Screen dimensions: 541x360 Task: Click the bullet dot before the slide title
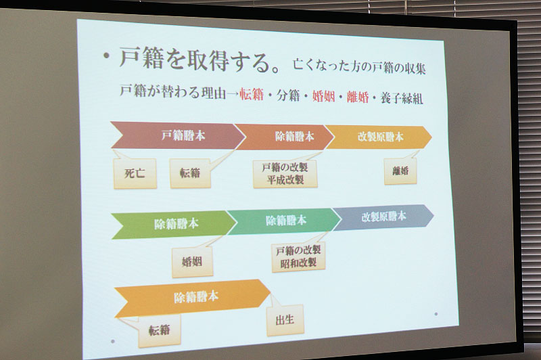pos(108,56)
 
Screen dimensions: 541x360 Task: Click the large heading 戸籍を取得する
pos(193,60)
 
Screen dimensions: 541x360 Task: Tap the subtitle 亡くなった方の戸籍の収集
pos(359,66)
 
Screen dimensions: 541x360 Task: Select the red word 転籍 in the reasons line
pos(252,94)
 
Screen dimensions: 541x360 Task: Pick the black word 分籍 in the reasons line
pos(289,95)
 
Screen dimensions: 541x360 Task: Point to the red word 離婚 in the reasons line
pos(358,97)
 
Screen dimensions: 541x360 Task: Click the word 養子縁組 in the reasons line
pos(402,98)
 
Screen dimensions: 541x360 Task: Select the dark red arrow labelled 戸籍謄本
pos(178,135)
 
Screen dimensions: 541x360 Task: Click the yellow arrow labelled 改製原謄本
pos(378,137)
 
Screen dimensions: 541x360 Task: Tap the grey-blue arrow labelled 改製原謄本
pos(383,217)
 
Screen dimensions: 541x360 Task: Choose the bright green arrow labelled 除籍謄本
pos(174,225)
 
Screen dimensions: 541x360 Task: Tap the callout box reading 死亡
pos(135,173)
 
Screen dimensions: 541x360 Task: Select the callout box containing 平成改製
pos(285,174)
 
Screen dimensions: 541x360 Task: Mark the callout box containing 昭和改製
pos(298,256)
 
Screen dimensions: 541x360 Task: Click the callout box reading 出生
pos(285,320)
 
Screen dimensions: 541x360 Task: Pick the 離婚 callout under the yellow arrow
pos(400,171)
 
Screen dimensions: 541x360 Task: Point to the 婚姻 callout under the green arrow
pos(192,262)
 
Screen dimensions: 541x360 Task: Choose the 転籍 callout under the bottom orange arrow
pos(160,330)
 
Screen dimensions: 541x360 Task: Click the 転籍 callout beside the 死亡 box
pos(190,173)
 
